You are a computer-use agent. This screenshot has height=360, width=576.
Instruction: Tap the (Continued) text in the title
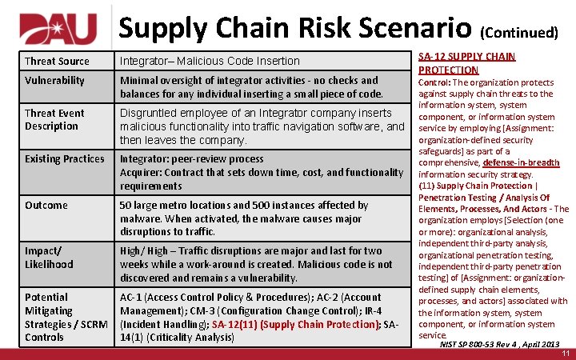pos(518,33)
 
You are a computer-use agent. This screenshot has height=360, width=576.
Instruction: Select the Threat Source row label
pos(57,62)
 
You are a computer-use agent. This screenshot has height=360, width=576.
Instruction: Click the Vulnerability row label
pos(54,81)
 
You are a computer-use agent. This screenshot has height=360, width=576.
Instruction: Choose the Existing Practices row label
pos(64,159)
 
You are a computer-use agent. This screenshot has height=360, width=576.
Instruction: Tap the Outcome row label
pos(46,206)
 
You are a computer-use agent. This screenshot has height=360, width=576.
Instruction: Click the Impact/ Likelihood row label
pos(49,258)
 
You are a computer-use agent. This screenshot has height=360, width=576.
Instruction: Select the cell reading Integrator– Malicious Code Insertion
pos(210,62)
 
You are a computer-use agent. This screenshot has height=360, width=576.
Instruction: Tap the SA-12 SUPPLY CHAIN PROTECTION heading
pos(466,62)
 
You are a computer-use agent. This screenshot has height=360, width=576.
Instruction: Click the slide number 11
pos(565,353)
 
